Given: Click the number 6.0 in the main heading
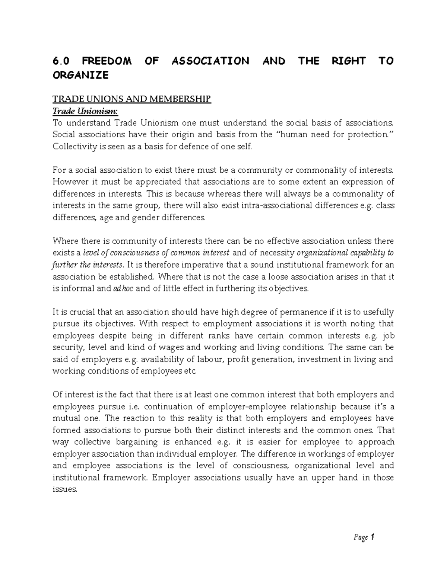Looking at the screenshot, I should coord(61,61).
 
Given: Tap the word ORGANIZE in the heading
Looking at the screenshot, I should coord(80,75).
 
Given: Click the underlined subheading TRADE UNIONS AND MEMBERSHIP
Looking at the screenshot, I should coord(131,99).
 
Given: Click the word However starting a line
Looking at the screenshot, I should coord(68,182).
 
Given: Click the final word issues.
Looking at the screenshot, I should coord(65,489).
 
